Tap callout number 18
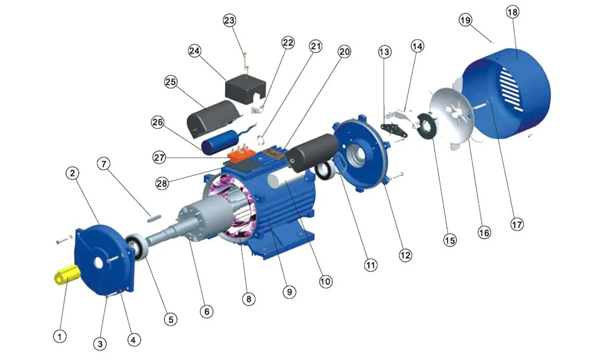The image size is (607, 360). coord(511,13)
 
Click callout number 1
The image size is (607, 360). coord(60,336)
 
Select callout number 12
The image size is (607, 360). coord(405,255)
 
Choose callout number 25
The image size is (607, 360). coord(171,82)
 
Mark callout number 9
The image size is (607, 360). coord(289,291)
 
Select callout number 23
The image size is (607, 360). coord(230,20)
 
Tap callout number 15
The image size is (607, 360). coord(449,240)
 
